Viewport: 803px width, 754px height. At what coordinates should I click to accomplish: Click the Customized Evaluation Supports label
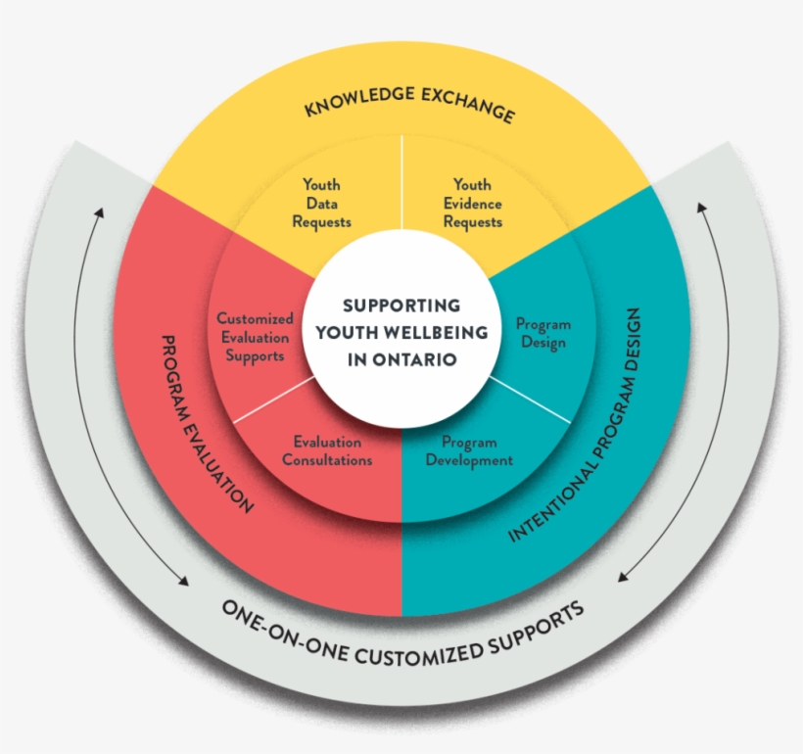255,337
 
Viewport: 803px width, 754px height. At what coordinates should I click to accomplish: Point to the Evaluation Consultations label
327,450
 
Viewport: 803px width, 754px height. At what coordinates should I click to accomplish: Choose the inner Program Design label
543,333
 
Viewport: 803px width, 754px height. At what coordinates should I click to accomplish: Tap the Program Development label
469,450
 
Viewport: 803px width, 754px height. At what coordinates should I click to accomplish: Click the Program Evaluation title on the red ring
206,424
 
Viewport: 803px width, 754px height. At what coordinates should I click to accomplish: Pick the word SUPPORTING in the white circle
401,306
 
